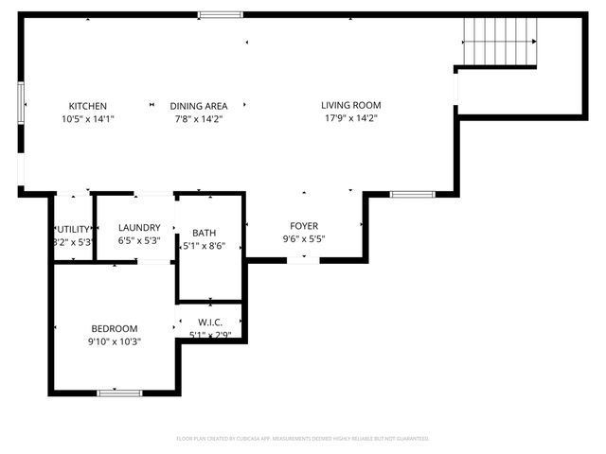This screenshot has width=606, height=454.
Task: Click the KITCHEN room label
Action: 87,106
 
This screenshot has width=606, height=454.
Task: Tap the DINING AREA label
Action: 199,106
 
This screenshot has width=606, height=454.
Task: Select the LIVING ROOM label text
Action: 350,106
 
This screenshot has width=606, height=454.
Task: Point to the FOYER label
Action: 304,226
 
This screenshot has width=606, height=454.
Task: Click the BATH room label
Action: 204,233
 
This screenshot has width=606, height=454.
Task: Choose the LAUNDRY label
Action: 139,227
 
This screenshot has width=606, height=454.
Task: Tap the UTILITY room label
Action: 74,229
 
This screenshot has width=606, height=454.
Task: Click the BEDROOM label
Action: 115,328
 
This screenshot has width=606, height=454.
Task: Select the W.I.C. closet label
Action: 210,321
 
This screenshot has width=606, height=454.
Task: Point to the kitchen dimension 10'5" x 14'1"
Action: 87,119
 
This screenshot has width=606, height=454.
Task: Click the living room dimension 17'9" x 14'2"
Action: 350,119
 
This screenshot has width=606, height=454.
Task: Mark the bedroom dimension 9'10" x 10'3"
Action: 115,341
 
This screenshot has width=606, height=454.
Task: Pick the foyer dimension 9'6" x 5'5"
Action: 304,239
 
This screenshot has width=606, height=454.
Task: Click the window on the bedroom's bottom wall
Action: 119,392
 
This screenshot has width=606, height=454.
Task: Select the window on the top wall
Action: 220,14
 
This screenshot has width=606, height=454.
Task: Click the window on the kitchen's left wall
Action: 20,101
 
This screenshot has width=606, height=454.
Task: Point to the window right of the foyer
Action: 412,195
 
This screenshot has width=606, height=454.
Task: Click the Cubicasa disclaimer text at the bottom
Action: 303,439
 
